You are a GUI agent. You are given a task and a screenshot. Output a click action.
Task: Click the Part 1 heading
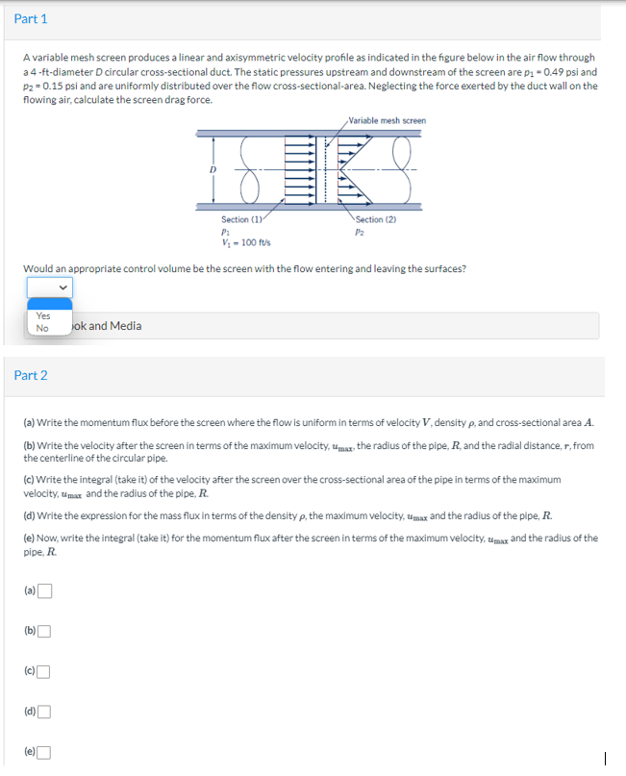31,19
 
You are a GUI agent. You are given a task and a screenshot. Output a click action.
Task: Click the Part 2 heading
31,375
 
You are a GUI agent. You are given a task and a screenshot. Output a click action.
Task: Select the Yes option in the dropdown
43,315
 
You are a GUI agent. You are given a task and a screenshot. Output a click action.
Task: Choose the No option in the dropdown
42,329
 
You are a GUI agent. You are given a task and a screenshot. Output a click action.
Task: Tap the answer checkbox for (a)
45,590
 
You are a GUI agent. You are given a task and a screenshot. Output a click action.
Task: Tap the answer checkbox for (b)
45,631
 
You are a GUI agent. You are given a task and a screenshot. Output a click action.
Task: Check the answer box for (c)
45,671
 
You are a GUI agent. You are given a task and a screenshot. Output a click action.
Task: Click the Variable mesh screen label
388,120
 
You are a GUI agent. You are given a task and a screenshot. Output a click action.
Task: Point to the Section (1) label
242,219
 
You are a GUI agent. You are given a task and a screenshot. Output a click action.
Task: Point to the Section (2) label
376,219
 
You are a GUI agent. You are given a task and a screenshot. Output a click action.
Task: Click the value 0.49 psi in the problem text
564,72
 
